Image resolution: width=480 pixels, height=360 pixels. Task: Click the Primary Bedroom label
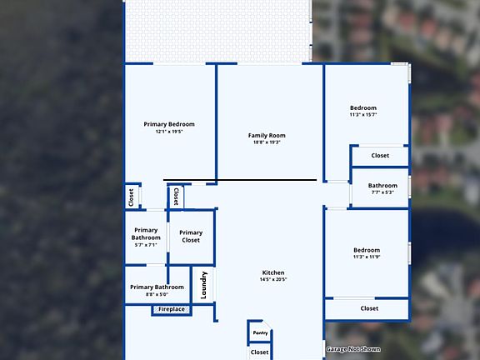tap(169, 124)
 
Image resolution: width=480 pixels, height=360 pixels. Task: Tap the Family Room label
tap(267, 135)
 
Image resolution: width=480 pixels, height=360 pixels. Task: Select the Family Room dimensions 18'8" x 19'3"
tap(267, 142)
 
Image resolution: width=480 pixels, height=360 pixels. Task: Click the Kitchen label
tap(273, 272)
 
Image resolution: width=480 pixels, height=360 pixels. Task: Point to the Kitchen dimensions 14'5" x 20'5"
tap(273, 280)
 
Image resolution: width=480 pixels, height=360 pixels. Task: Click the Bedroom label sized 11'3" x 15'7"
tap(363, 107)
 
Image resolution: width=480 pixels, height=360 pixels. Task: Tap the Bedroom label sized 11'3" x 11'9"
tap(367, 250)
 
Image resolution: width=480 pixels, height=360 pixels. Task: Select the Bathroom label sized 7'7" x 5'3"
tap(382, 186)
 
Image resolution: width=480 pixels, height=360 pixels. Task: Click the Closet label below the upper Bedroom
tap(380, 155)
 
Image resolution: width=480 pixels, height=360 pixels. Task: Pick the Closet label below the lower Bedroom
tap(369, 308)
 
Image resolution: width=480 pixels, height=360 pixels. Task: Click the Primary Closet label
tap(191, 237)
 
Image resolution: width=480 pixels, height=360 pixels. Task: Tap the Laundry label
tap(203, 286)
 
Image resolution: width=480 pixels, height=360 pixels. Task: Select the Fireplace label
tap(172, 309)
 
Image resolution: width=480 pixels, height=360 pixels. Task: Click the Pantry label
tap(260, 333)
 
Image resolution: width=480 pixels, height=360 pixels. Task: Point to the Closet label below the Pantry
tap(260, 352)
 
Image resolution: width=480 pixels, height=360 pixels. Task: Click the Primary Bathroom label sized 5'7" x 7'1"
tap(146, 234)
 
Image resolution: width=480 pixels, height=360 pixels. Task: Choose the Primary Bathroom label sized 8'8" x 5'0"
tap(157, 287)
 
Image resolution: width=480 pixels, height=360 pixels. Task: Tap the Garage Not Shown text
tap(353, 349)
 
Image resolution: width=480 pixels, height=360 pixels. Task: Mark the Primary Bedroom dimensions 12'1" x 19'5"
tap(169, 132)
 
